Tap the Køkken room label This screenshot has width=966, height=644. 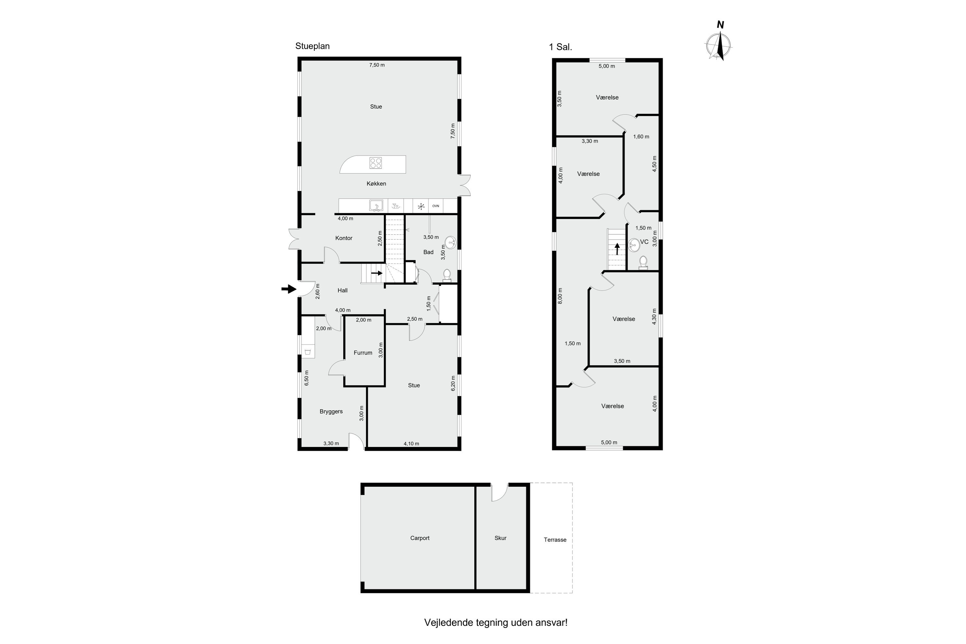376,184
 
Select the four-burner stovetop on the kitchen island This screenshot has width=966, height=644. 375,163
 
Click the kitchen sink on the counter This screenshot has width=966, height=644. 376,205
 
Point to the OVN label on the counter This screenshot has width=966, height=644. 435,206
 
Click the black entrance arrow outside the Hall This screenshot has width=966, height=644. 289,289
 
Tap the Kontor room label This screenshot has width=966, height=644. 344,238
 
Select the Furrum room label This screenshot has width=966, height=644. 363,353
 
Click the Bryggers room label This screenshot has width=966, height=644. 331,412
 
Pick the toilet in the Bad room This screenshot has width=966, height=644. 447,276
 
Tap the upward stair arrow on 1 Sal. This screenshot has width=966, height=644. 617,249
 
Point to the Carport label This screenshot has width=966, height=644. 420,538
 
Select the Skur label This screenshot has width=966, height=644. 500,538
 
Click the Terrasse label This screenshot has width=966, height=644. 555,540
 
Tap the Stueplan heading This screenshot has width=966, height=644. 313,46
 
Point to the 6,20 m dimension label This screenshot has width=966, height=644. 453,383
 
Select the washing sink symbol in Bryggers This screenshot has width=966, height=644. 308,351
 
